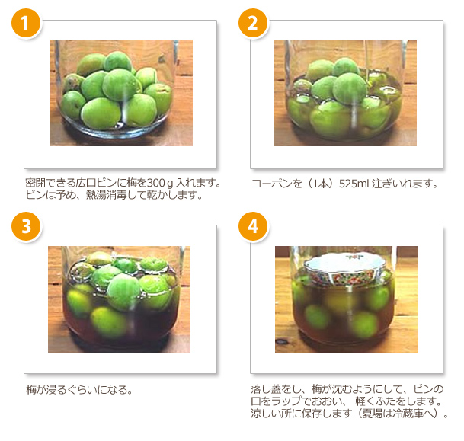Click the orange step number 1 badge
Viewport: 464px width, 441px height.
coord(26,23)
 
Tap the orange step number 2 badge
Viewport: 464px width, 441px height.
coord(253,23)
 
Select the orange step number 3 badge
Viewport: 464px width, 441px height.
coord(26,226)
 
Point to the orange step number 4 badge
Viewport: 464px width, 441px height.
coord(253,226)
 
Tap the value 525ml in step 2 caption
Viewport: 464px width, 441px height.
coord(354,184)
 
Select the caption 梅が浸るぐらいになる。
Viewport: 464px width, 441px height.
coord(79,390)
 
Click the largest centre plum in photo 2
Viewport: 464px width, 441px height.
coord(350,88)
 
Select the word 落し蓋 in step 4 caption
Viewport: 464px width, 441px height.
coord(266,389)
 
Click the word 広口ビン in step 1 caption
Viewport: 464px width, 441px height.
coord(96,183)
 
